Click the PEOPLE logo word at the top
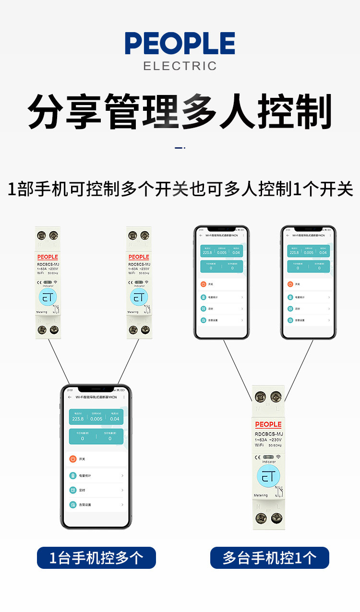pyautogui.click(x=180, y=44)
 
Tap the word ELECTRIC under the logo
pyautogui.click(x=180, y=66)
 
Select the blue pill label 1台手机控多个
pyautogui.click(x=96, y=558)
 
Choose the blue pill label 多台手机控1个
pyautogui.click(x=269, y=558)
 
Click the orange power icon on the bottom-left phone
pyautogui.click(x=72, y=459)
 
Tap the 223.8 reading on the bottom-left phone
pyautogui.click(x=78, y=419)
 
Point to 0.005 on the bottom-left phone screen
pyautogui.click(x=96, y=419)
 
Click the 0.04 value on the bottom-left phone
pyautogui.click(x=115, y=419)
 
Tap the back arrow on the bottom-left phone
pyautogui.click(x=70, y=397)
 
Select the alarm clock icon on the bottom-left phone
pyautogui.click(x=72, y=490)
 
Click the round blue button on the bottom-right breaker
pyautogui.click(x=268, y=477)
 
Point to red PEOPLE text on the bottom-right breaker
pyautogui.click(x=268, y=424)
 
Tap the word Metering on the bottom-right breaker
pyautogui.click(x=261, y=495)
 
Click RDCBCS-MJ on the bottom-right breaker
pyautogui.click(x=269, y=434)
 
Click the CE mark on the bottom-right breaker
pyautogui.click(x=258, y=457)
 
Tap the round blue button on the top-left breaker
pyautogui.click(x=48, y=297)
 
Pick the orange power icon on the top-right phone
pyautogui.click(x=290, y=284)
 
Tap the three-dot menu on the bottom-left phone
pyautogui.click(x=124, y=397)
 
